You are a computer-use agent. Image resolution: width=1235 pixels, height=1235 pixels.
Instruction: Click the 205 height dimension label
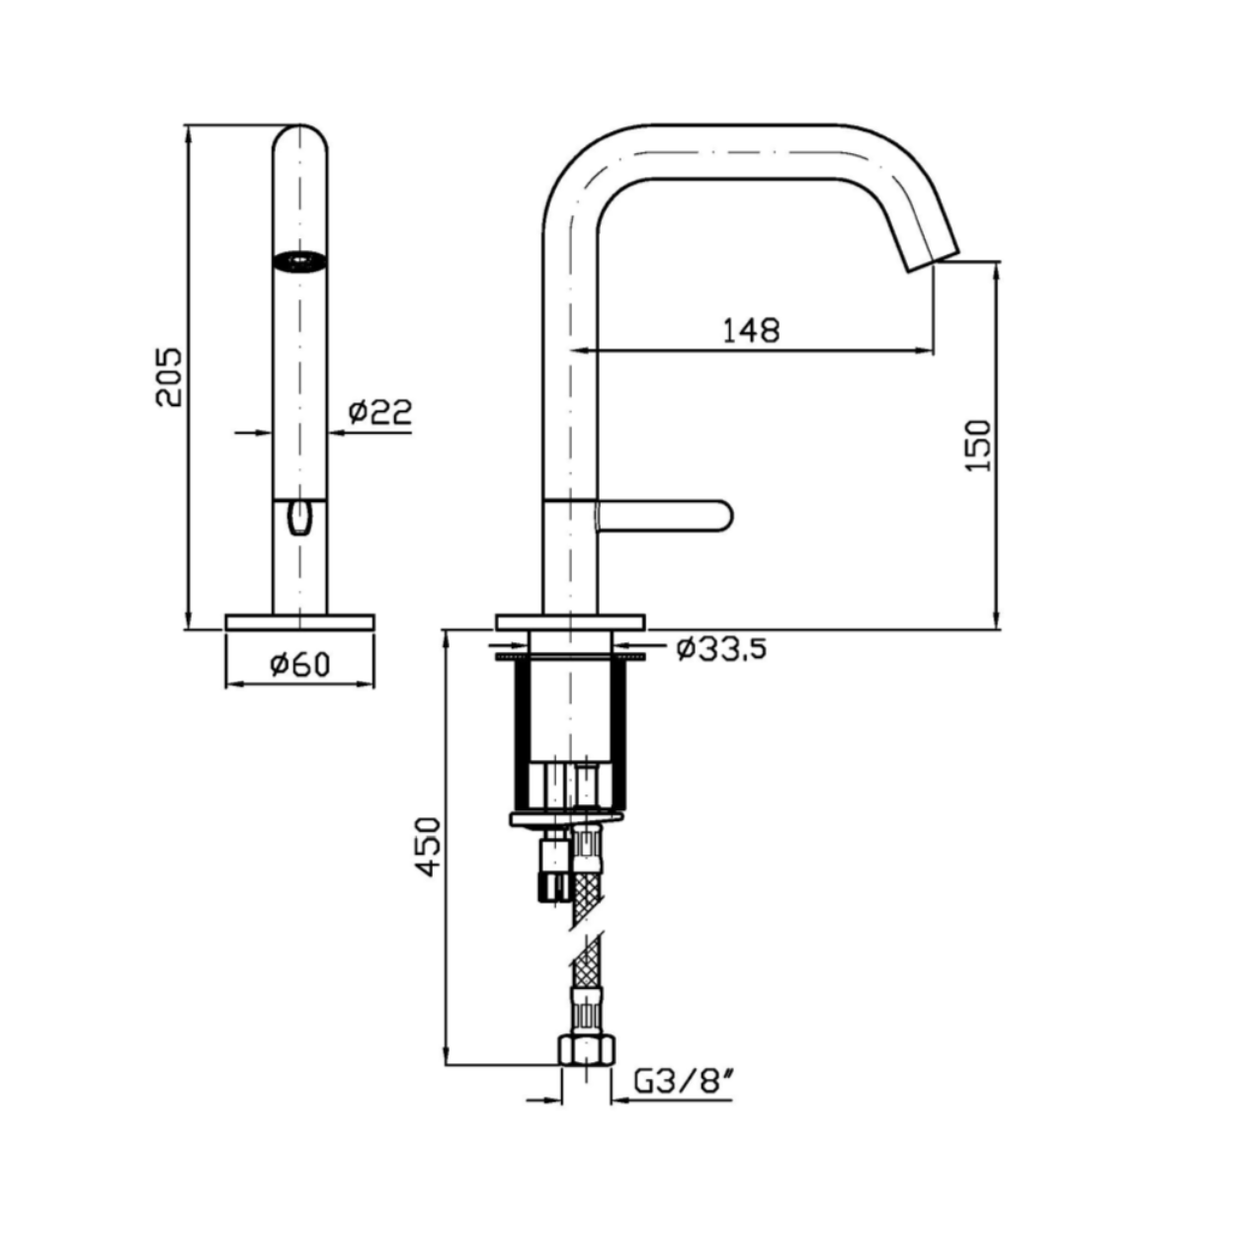pos(170,376)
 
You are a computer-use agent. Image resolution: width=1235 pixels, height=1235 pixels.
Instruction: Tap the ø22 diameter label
pos(380,412)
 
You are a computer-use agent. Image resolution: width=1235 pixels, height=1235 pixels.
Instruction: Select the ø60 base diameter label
pos(300,665)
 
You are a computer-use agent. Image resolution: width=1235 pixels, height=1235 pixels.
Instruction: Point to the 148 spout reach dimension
pos(752,331)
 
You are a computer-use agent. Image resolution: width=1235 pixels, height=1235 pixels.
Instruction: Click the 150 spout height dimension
pos(979,446)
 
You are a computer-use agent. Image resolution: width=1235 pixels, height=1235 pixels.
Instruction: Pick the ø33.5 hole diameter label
pos(721,650)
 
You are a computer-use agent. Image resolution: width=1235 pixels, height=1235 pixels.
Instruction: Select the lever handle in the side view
pos(664,516)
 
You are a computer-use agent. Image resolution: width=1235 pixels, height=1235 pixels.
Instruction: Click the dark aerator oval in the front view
pos(300,262)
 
